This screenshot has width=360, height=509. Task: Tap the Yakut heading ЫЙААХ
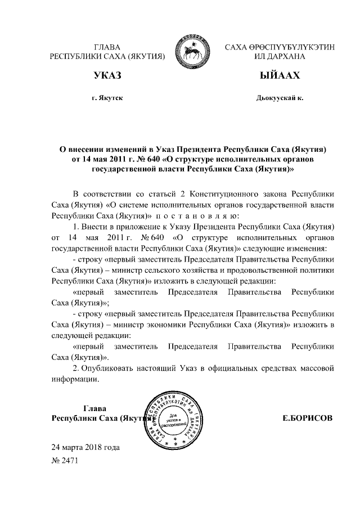click(x=280, y=76)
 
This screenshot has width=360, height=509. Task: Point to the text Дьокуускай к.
click(x=280, y=98)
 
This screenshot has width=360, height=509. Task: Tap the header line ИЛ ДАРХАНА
click(x=280, y=56)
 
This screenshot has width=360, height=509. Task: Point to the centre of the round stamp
click(x=176, y=418)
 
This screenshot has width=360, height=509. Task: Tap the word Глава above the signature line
click(x=94, y=408)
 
